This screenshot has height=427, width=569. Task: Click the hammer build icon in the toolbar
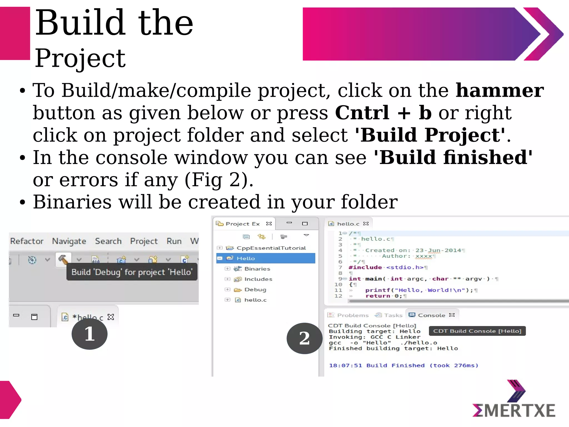(x=63, y=260)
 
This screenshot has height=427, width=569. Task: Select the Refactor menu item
(x=27, y=241)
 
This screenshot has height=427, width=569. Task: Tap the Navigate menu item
(x=69, y=241)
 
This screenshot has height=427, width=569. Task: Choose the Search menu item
(x=108, y=241)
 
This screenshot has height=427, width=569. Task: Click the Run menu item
(x=174, y=241)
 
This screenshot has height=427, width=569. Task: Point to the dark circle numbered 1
(x=89, y=334)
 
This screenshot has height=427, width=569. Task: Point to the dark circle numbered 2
(x=305, y=338)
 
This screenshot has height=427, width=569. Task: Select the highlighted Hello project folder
(x=246, y=258)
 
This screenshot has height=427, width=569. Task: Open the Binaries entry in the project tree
(x=257, y=269)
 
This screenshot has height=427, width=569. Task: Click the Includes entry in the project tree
(x=258, y=279)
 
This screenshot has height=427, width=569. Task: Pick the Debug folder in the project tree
(x=255, y=290)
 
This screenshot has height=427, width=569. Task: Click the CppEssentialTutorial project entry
(x=271, y=248)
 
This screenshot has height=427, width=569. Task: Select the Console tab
(x=431, y=315)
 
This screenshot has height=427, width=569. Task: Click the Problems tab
(x=353, y=315)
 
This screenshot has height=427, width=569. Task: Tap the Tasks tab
(x=393, y=315)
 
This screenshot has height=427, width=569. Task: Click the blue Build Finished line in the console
(x=403, y=366)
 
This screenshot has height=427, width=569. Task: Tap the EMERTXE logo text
(x=514, y=411)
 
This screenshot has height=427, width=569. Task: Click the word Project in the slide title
(x=80, y=58)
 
